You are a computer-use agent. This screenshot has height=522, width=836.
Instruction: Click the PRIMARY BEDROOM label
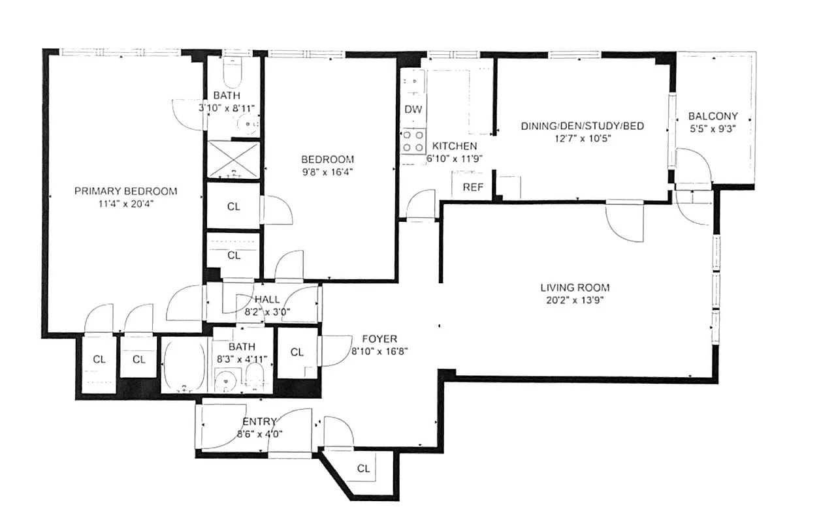click(x=125, y=191)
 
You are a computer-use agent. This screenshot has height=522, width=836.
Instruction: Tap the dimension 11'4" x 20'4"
click(x=125, y=204)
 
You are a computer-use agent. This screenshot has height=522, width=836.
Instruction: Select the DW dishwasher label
click(x=413, y=110)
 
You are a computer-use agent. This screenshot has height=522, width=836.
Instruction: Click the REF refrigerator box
click(x=473, y=187)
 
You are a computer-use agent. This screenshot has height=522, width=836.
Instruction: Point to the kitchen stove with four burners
click(x=413, y=141)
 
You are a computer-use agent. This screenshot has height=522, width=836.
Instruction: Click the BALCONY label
click(x=713, y=116)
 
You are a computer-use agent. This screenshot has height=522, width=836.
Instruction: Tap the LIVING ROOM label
click(x=575, y=287)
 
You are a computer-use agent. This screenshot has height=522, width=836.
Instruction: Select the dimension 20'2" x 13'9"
click(x=575, y=300)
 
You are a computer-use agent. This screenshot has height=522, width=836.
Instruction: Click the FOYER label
click(x=379, y=339)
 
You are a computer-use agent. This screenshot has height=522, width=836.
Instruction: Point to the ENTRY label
click(x=259, y=422)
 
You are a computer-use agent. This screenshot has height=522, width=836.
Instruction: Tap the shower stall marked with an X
click(x=233, y=159)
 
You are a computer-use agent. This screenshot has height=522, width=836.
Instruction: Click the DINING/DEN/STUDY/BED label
click(x=582, y=125)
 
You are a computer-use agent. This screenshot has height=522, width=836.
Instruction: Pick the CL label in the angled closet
click(x=364, y=468)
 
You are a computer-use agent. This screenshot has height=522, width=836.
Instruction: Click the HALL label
click(x=267, y=299)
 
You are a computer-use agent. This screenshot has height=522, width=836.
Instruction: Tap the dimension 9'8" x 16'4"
click(x=327, y=172)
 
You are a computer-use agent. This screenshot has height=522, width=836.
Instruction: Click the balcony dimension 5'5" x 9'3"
click(x=713, y=129)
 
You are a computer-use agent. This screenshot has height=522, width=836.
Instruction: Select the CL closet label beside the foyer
click(x=297, y=352)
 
